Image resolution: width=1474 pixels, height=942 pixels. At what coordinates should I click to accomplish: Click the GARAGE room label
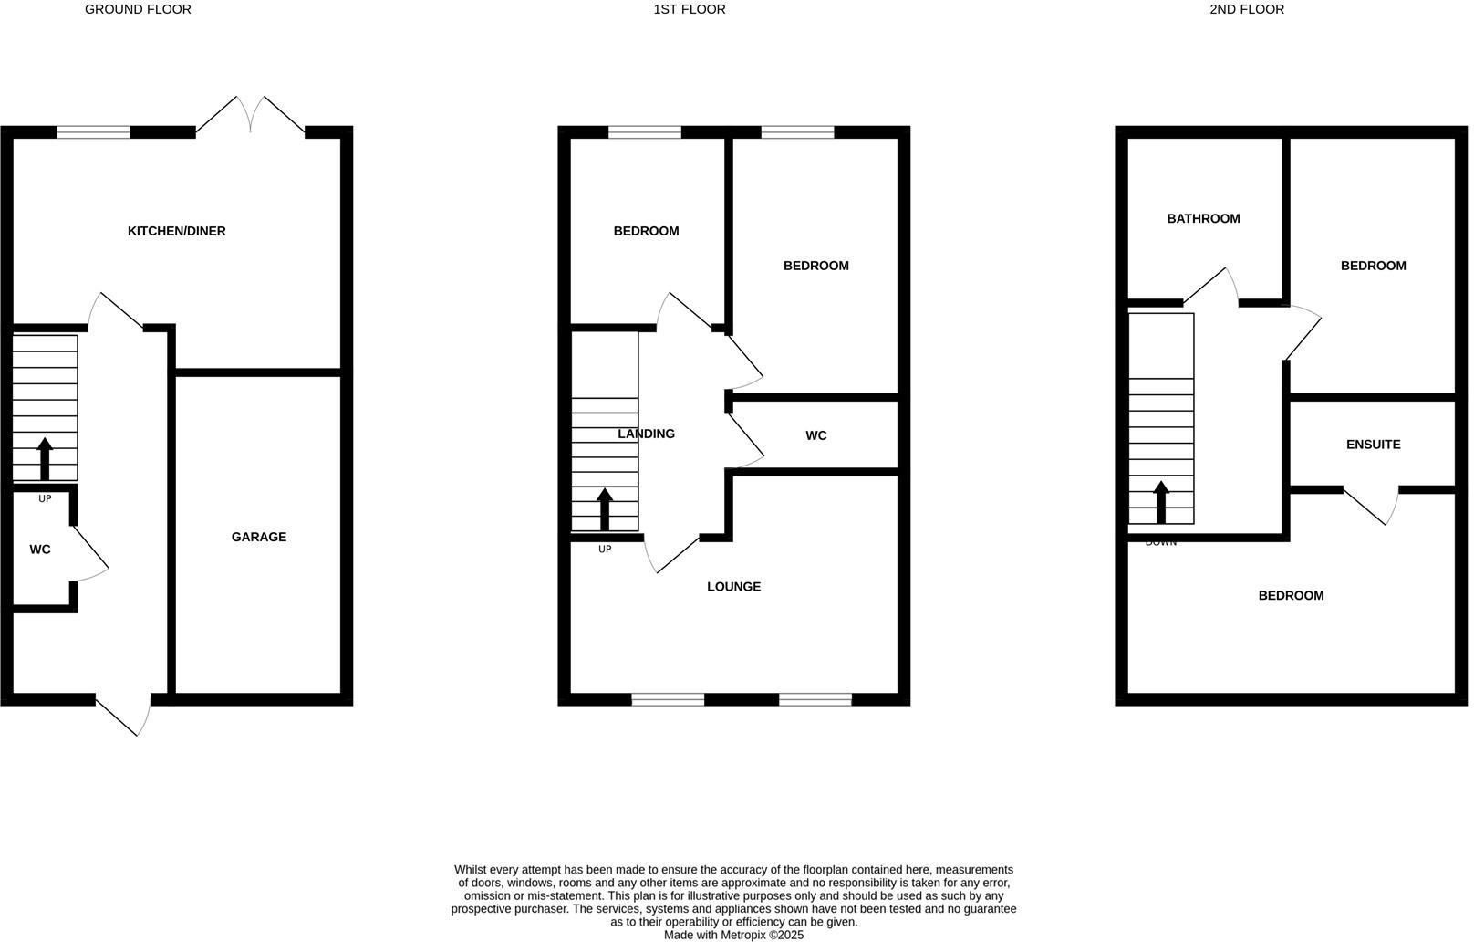point(258,537)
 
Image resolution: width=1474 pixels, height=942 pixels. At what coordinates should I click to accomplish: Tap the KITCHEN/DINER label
point(176,231)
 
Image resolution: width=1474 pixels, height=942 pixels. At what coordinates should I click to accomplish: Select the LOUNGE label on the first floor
point(733,586)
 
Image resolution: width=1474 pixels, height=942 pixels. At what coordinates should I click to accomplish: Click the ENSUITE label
point(1373,445)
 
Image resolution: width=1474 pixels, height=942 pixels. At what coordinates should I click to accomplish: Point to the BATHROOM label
point(1203,218)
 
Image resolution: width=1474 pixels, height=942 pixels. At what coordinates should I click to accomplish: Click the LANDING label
point(646,434)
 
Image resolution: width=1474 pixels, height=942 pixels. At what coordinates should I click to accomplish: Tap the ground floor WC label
point(40,549)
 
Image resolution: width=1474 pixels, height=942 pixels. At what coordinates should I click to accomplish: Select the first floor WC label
point(815,435)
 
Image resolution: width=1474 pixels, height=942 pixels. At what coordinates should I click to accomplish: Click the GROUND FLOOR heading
point(138,9)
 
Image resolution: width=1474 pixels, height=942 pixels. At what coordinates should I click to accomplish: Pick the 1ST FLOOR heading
point(690,9)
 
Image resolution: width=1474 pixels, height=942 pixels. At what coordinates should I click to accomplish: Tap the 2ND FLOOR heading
point(1246,9)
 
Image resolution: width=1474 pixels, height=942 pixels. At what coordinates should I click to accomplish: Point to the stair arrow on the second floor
point(1161,501)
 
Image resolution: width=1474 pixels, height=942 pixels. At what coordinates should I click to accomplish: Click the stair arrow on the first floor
point(605,508)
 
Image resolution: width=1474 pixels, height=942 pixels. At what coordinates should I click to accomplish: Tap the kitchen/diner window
point(93,132)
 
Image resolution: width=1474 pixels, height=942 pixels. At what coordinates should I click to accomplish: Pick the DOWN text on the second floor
point(1160,542)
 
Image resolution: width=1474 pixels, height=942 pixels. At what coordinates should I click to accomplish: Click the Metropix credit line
point(733,935)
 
